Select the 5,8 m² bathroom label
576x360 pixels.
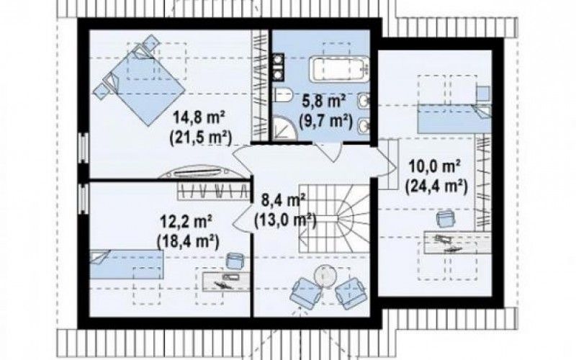pos(324,100)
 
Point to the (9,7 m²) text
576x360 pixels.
pos(325,120)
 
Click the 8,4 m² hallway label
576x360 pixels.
pos(283,200)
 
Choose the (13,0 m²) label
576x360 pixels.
pos(285,220)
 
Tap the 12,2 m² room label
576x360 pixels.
pos(186,222)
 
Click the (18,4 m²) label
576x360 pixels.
pos(188,241)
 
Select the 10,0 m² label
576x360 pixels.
pos(435,167)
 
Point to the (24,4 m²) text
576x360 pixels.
pos(436,186)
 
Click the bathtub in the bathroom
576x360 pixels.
pos(338,68)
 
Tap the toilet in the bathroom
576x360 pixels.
pos(282,96)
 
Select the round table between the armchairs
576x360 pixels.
pos(325,276)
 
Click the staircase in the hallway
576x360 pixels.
pos(333,218)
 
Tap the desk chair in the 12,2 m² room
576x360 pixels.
pos(234,260)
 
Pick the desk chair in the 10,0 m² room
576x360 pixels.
pos(445,219)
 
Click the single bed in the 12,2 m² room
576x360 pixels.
pos(127,264)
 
